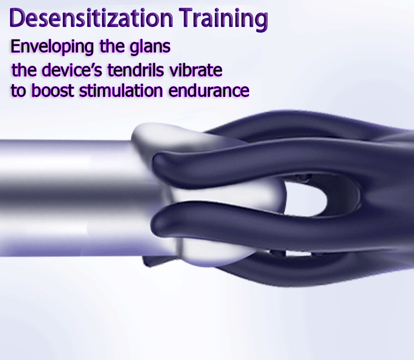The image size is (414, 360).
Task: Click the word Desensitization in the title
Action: point(91,18)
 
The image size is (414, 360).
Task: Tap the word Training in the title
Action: point(224,20)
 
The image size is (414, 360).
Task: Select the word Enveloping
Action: point(52,47)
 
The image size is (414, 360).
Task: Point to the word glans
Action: point(150,47)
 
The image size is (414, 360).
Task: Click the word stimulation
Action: point(121,91)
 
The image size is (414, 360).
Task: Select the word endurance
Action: point(209,91)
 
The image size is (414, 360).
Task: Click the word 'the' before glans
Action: point(112,47)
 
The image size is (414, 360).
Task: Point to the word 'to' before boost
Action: point(18,91)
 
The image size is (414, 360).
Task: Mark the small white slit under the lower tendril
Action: point(299,254)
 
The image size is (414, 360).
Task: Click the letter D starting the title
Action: point(17,18)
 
